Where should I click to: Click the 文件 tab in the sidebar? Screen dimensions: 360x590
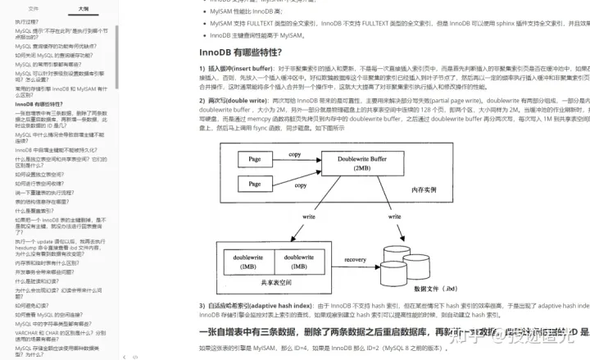click(33, 8)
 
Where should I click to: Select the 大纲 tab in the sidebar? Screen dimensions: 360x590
click(84, 8)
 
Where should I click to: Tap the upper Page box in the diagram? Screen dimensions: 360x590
click(254, 157)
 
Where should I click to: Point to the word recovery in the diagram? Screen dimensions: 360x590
click(355, 260)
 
